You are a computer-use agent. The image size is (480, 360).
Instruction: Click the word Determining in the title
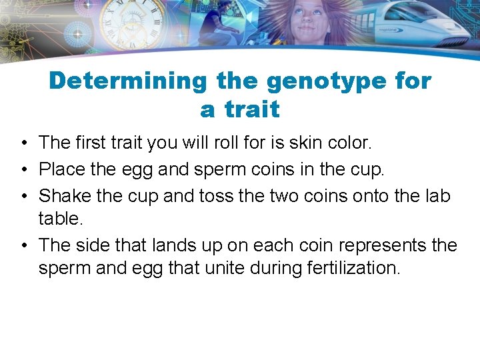point(128,81)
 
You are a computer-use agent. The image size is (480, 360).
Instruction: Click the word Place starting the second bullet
point(62,169)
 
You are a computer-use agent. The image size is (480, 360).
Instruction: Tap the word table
point(60,219)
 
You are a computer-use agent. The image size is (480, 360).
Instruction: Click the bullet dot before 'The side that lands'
point(23,245)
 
